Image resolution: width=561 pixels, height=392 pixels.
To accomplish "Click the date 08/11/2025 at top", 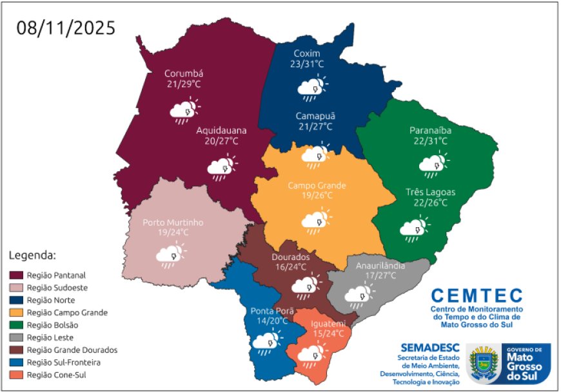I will (x=66, y=28).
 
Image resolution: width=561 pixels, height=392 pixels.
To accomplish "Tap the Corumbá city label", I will (x=184, y=73).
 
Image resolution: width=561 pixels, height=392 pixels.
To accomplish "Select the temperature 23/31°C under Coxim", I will (x=307, y=64).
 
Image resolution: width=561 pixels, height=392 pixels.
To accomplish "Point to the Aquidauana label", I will (x=221, y=129).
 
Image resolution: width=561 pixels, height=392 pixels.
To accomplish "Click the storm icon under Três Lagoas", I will (x=414, y=229).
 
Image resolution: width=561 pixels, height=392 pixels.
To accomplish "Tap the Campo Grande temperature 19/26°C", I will (x=317, y=195).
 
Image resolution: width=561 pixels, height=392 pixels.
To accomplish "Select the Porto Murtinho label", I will (x=173, y=222).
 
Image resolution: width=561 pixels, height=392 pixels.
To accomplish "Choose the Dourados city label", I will (x=290, y=256).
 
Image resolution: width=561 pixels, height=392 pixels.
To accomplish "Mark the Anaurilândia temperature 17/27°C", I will (x=380, y=275).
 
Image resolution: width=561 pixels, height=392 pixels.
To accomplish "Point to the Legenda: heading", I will (x=33, y=255).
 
